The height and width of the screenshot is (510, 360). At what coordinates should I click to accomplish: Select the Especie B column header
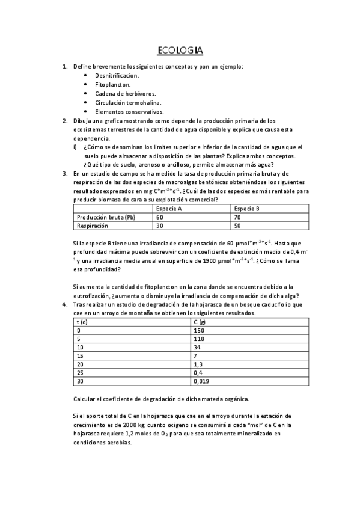[x=246, y=208]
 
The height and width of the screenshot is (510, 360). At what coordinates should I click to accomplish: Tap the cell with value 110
[x=199, y=339]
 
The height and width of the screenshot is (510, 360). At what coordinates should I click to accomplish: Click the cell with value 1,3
[x=198, y=364]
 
